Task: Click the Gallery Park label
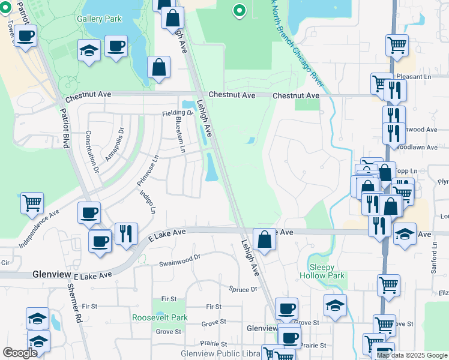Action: click(x=99, y=19)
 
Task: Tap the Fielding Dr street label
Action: click(x=176, y=113)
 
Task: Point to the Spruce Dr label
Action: click(x=243, y=289)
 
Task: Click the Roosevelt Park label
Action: click(x=160, y=318)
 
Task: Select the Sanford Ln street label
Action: click(x=433, y=259)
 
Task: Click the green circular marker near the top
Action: click(x=239, y=10)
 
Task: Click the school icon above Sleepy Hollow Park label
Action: click(x=335, y=305)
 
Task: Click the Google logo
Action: click(x=20, y=353)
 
